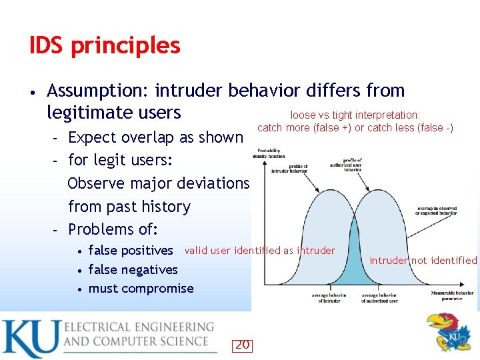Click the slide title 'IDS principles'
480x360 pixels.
105,45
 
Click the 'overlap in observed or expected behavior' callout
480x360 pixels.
437,211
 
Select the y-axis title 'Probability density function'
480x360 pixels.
269,152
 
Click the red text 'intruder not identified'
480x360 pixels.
423,261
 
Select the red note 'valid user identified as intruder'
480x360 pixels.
260,251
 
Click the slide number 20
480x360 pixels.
242,345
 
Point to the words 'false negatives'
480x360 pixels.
133,269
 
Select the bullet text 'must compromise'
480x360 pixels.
141,289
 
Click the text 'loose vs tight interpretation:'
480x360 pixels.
355,115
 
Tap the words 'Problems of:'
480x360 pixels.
113,229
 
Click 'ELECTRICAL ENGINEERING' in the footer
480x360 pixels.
139,327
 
